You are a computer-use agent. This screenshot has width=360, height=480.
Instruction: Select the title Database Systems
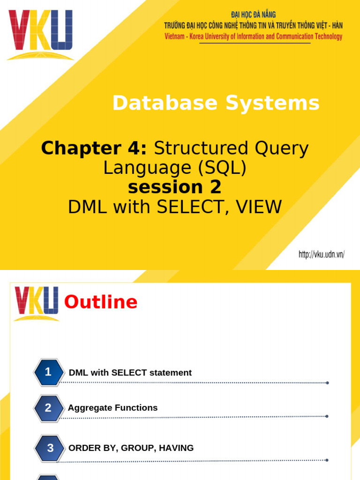coord(216,103)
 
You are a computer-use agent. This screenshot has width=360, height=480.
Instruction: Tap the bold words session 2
coord(174,187)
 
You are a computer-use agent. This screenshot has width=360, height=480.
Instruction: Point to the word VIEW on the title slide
coord(260,207)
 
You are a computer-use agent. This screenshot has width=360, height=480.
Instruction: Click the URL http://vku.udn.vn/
coord(322,255)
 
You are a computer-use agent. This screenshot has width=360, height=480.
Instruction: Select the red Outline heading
coord(101,302)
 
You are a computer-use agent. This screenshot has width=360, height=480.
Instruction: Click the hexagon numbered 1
coord(48,373)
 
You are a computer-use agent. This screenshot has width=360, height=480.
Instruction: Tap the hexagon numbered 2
coord(48,408)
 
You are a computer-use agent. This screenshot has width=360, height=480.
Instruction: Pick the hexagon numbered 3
coord(50,448)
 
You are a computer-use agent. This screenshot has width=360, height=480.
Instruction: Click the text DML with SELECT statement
coord(130,373)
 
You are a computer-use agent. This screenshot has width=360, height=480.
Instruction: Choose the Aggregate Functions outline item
coord(112,408)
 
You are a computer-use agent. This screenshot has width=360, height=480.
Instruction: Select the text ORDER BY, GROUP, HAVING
coord(131,448)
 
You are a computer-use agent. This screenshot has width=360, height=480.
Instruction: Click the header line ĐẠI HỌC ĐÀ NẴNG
coord(253,15)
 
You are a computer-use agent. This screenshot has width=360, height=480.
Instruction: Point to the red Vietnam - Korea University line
coord(253,37)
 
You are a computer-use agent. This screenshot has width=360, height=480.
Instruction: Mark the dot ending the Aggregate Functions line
coord(327,416)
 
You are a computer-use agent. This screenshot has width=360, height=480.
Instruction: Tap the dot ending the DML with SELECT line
coord(327,383)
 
